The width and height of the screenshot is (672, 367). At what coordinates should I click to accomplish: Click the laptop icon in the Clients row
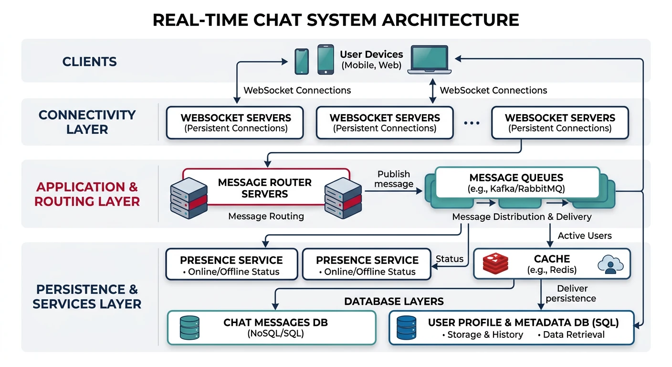[430, 60]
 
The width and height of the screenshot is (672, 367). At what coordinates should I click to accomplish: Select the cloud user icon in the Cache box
[609, 264]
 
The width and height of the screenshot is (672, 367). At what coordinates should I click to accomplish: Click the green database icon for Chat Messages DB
[189, 328]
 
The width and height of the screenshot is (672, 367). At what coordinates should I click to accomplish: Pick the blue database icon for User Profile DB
[406, 328]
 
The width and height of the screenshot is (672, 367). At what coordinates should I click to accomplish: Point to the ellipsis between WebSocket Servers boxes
[471, 123]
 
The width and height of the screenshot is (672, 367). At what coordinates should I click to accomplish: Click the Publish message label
[394, 179]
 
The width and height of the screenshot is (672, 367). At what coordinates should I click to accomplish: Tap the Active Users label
[585, 236]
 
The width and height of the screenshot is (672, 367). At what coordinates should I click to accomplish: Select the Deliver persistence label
[571, 293]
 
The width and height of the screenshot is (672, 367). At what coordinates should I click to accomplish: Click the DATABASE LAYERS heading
[394, 301]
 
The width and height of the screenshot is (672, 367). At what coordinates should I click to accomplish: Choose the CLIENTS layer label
[89, 62]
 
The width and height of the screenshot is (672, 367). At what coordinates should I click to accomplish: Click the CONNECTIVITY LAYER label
[87, 122]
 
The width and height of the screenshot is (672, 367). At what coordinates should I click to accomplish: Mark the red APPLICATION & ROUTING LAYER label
[87, 194]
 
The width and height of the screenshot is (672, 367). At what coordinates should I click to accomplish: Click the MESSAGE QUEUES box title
[516, 178]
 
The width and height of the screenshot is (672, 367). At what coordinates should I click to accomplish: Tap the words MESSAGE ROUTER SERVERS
[264, 188]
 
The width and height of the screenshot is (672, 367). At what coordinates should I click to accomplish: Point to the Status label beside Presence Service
[450, 259]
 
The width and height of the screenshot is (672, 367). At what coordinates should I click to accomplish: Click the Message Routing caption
[266, 216]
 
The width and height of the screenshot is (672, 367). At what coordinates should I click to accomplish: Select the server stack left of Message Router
[189, 197]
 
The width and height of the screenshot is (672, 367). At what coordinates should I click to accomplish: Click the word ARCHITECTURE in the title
[445, 20]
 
